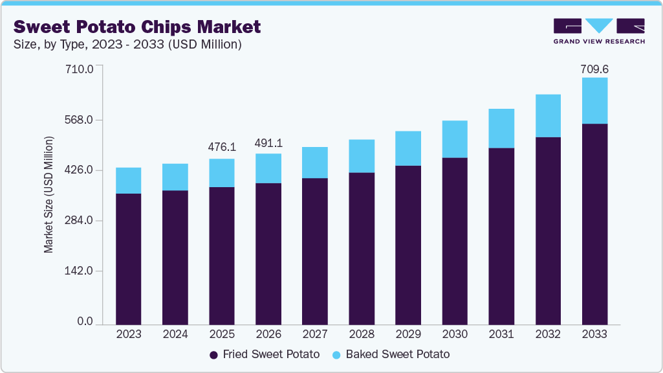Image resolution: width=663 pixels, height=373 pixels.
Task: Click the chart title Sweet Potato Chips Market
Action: point(137,27)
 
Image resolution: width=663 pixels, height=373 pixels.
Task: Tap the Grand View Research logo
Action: point(598,30)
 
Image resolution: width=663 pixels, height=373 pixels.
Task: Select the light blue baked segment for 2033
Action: point(594,100)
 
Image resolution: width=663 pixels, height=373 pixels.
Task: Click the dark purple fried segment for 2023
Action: point(129,258)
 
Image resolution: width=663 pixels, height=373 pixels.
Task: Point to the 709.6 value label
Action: point(594,69)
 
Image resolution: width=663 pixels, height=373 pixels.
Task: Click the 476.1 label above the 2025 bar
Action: point(222,147)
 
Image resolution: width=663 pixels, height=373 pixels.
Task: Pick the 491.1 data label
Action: point(268,142)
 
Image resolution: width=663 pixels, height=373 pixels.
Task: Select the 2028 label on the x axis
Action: point(362,334)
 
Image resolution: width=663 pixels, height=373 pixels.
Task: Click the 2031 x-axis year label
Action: point(501,334)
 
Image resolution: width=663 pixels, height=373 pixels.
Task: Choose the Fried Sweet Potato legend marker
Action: point(213,355)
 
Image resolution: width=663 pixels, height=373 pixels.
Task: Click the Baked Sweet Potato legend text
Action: point(397,355)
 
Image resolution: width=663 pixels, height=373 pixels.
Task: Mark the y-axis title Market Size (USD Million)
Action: point(49,194)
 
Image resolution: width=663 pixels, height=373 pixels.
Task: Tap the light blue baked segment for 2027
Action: point(315,163)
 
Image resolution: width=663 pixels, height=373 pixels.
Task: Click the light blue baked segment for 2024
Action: point(175,177)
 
